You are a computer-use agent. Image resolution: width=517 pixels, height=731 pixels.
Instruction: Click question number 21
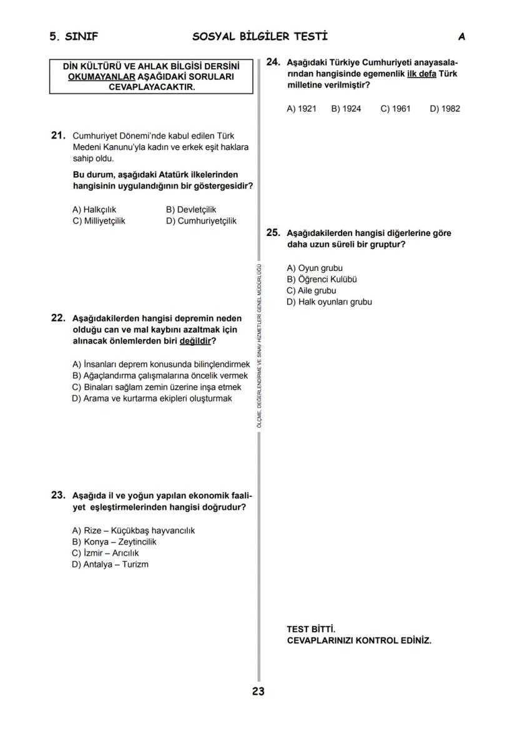click(x=58, y=135)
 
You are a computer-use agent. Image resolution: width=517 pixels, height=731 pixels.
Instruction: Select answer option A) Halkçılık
click(x=94, y=210)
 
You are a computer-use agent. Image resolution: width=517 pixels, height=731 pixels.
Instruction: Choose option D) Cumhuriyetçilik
click(x=200, y=221)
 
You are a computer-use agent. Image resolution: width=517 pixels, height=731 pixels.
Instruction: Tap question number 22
click(x=58, y=318)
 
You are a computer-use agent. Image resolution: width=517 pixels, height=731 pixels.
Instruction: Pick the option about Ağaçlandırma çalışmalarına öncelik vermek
click(x=160, y=376)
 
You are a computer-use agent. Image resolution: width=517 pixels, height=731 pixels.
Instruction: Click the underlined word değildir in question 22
click(x=195, y=341)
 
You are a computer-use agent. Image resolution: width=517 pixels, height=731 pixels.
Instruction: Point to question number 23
click(x=58, y=495)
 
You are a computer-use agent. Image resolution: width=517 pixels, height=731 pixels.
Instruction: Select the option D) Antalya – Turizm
click(x=110, y=564)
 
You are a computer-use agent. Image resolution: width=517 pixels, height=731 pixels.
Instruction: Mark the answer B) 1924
click(x=346, y=109)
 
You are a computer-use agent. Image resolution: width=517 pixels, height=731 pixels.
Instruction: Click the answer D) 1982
click(x=445, y=109)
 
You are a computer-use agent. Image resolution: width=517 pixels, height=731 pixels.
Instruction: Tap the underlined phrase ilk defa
click(x=421, y=74)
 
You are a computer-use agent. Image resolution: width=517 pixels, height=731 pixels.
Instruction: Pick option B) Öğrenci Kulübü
click(x=322, y=280)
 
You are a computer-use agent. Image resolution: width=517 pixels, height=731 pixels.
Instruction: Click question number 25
click(x=273, y=232)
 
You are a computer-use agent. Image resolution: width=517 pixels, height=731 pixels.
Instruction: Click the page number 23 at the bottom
click(x=258, y=691)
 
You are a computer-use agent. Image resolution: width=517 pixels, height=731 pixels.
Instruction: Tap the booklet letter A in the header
click(x=461, y=36)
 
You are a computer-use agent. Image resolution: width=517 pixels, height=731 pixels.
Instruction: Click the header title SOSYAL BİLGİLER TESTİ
click(x=260, y=36)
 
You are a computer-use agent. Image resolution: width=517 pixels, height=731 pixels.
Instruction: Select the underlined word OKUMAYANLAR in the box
click(x=102, y=77)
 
